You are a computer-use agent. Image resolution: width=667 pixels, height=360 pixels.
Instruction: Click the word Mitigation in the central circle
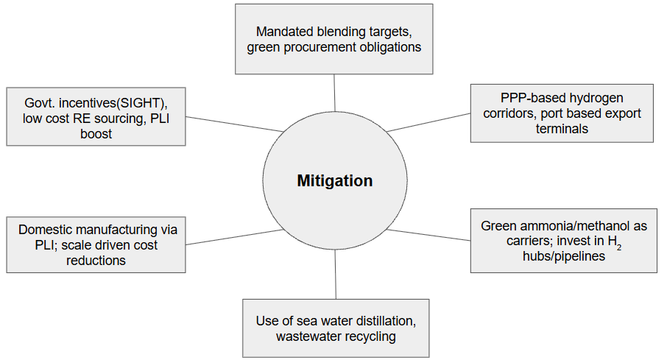click(x=334, y=181)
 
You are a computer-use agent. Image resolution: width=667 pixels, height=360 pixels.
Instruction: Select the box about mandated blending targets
click(x=333, y=39)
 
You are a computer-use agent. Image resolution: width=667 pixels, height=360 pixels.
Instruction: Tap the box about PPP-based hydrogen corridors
click(x=562, y=113)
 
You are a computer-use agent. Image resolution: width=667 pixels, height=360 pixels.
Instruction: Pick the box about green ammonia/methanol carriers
click(x=563, y=240)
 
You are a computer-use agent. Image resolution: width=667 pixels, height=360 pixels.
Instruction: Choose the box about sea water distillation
click(x=336, y=328)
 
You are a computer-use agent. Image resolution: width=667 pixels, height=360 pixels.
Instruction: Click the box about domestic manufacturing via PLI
click(x=96, y=244)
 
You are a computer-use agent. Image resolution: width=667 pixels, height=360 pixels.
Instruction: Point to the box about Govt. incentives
click(x=96, y=117)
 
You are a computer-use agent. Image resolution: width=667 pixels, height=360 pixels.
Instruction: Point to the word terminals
click(x=562, y=129)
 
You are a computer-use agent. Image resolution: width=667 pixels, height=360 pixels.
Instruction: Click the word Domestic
click(x=46, y=229)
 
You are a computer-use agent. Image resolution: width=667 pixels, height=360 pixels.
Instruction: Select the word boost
click(x=96, y=133)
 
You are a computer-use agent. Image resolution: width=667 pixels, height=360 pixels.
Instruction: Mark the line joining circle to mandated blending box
click(x=334, y=92)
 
